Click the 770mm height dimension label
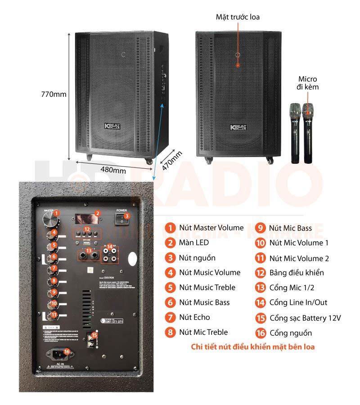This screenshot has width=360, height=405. click(54, 94)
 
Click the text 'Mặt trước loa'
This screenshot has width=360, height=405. click(238, 17)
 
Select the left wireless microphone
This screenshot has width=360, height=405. click(295, 133)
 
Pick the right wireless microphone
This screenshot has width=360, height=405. click(308, 133)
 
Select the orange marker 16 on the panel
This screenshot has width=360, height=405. click(67, 351)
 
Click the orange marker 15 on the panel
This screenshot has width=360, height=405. click(94, 335)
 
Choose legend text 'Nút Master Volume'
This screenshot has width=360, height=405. click(211, 228)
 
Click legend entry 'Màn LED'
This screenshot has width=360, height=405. click(193, 243)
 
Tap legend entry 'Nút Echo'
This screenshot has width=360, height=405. click(194, 317)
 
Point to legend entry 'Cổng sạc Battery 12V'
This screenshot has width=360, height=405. click(305, 318)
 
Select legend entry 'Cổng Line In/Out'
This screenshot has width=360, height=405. click(298, 302)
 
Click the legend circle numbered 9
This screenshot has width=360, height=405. click(260, 228)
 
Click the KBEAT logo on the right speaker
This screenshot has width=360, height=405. click(238, 128)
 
